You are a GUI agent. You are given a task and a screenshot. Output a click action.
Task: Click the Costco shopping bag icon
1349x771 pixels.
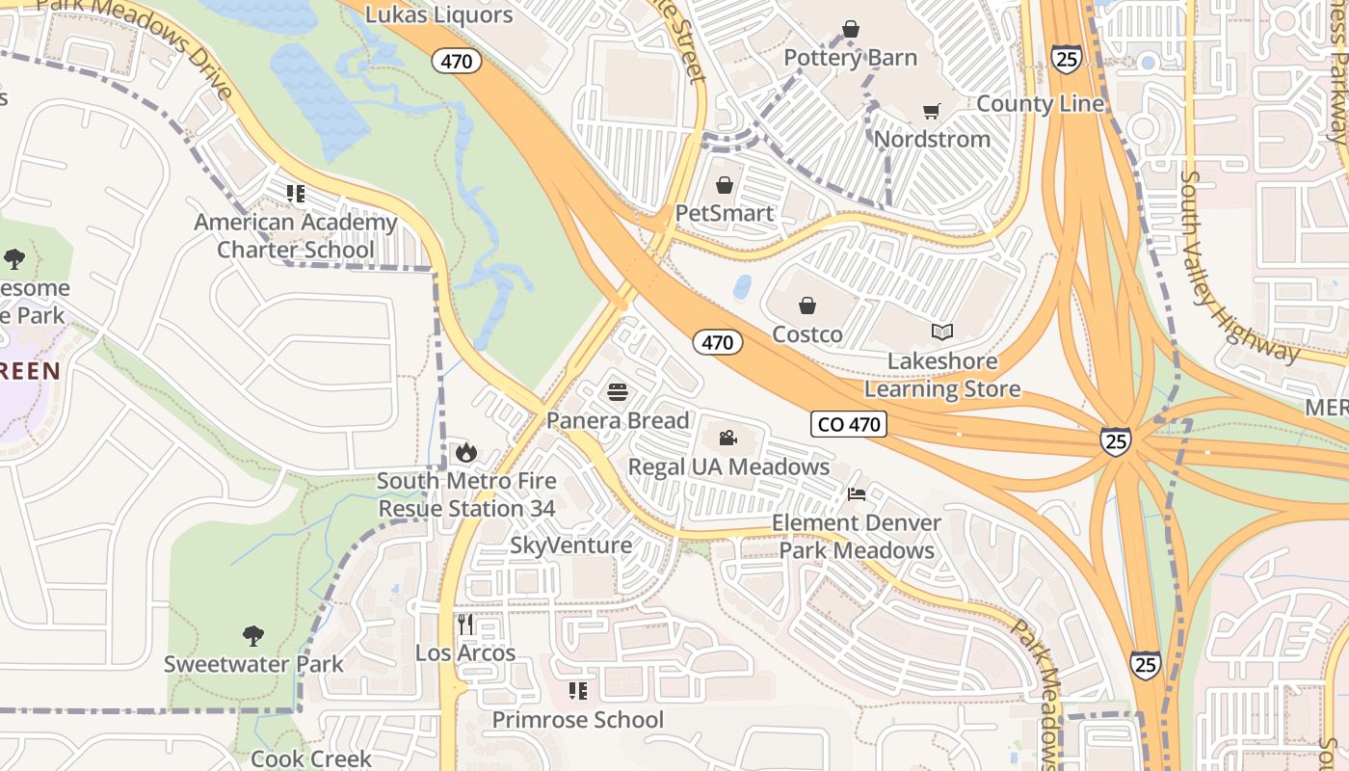coord(807,306)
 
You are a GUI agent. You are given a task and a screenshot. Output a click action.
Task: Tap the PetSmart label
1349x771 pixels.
coord(725,213)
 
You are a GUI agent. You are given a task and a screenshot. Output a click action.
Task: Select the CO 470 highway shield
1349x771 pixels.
coord(848,424)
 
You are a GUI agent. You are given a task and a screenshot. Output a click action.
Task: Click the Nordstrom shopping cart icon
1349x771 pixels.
coord(931,112)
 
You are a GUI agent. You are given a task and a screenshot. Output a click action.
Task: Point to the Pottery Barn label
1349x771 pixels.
coord(850,58)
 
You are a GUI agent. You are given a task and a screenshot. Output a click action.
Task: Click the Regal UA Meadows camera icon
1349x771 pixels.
coord(727,439)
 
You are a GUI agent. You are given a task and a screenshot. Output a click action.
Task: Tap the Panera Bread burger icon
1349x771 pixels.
coord(618,392)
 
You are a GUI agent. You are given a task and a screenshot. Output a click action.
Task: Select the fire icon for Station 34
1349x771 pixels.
coord(466,452)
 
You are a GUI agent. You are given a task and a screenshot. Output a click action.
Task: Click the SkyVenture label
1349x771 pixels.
coord(570,545)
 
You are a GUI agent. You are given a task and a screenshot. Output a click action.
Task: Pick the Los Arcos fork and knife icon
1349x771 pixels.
coord(466,624)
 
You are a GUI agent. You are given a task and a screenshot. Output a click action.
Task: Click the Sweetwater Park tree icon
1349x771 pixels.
coord(253,635)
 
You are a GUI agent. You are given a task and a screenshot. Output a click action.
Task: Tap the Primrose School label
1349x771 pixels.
coord(577,720)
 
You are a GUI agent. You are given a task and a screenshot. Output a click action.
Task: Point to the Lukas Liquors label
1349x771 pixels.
coord(439,14)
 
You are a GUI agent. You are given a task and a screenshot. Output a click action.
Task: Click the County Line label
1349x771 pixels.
coord(1040,104)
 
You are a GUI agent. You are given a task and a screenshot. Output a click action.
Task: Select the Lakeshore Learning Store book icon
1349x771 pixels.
coord(941,332)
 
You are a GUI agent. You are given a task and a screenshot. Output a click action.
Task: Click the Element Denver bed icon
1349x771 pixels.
coord(856,494)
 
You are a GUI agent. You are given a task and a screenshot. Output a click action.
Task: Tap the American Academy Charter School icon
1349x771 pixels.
coord(296,194)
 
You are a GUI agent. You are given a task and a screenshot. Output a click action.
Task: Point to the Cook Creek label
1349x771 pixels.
coord(310,758)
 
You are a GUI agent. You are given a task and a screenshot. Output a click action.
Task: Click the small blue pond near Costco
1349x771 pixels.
coord(742,287)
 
